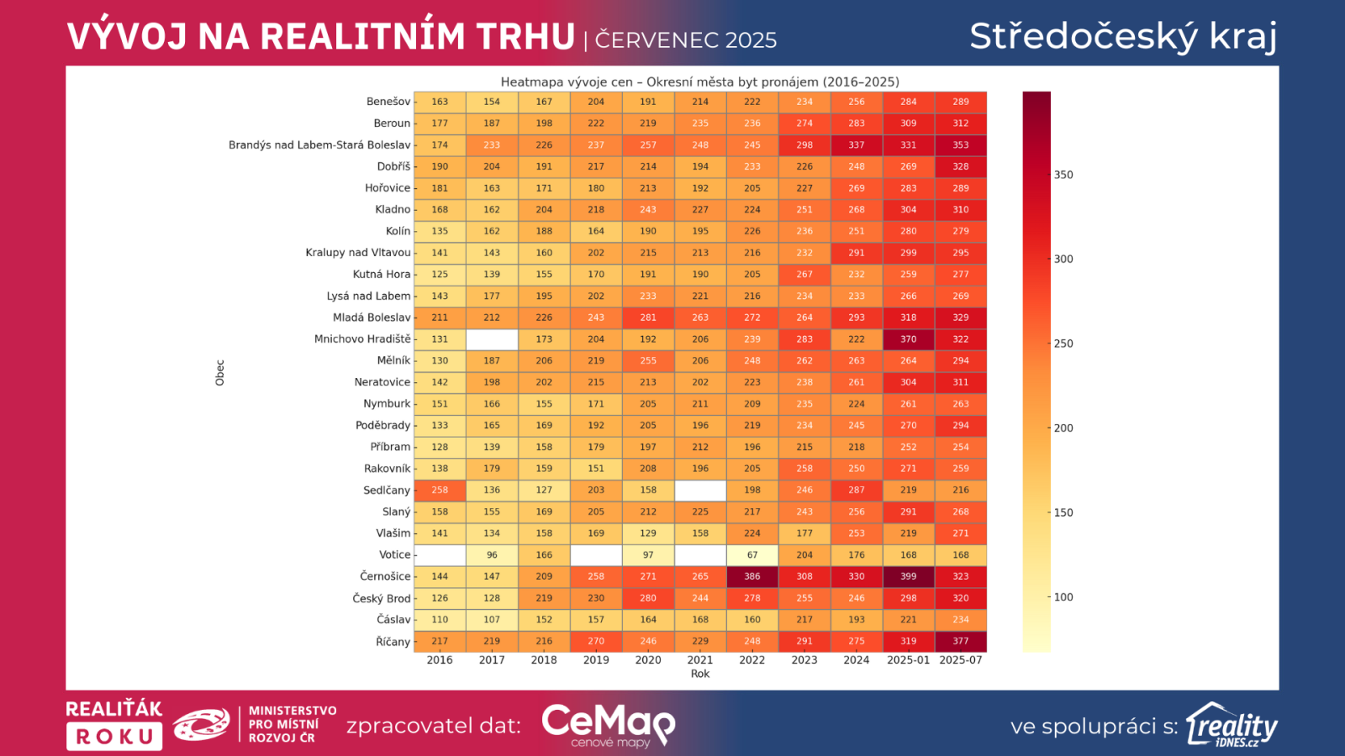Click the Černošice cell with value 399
[x=909, y=576]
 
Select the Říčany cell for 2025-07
[x=961, y=641]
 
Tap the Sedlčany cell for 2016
[x=440, y=490]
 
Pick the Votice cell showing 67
[x=752, y=554]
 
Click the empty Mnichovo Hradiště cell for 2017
[x=492, y=339]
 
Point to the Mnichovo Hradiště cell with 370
[x=909, y=339]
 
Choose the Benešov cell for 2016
[x=440, y=102]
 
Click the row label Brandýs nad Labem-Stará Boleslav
[x=319, y=145]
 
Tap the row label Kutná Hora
[x=382, y=275]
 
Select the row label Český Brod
[x=382, y=598]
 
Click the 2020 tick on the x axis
[x=648, y=660]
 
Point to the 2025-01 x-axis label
[x=909, y=660]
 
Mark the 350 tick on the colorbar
[x=1063, y=175]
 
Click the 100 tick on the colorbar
[x=1063, y=597]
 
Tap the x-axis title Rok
[x=700, y=674]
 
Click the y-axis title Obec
[x=220, y=373]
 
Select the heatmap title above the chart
[x=700, y=81]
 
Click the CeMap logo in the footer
[x=609, y=724]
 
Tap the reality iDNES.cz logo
[x=1232, y=725]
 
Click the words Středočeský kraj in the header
[x=1123, y=36]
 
